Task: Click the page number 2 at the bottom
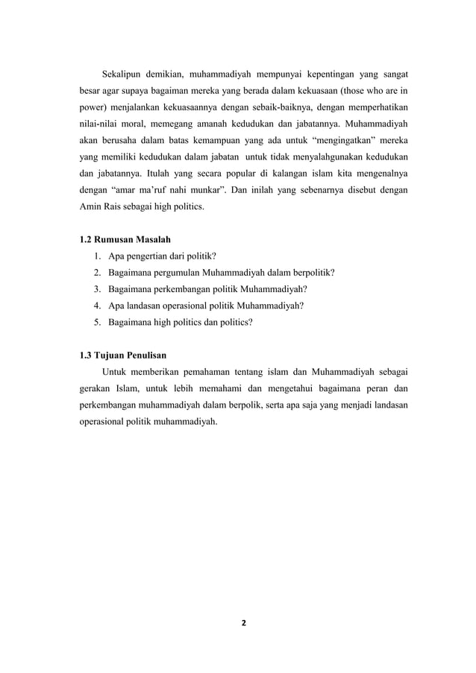(238, 623)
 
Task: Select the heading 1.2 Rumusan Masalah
(125, 239)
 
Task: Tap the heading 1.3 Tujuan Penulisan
(123, 354)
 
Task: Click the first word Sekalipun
(124, 75)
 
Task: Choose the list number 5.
(98, 322)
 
